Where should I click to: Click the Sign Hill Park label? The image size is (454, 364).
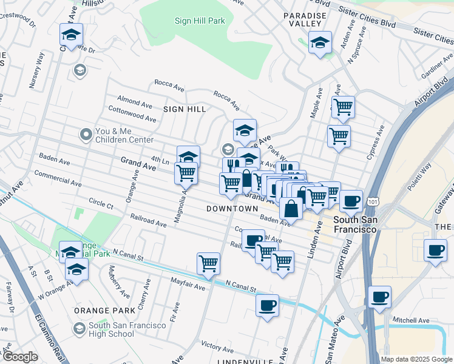(200, 21)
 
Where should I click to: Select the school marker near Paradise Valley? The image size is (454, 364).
(320, 43)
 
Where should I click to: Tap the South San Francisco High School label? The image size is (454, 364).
(127, 329)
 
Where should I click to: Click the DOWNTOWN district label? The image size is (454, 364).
(232, 208)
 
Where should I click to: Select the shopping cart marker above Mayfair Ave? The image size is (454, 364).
(208, 264)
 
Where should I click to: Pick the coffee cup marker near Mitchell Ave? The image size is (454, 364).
(380, 297)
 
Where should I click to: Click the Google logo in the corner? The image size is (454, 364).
(19, 357)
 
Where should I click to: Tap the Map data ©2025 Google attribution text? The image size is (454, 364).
(416, 359)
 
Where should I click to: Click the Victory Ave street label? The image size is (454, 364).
(217, 346)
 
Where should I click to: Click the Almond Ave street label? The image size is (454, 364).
(135, 99)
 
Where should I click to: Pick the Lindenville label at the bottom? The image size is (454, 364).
(246, 361)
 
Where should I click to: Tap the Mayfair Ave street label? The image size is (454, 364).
(188, 281)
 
